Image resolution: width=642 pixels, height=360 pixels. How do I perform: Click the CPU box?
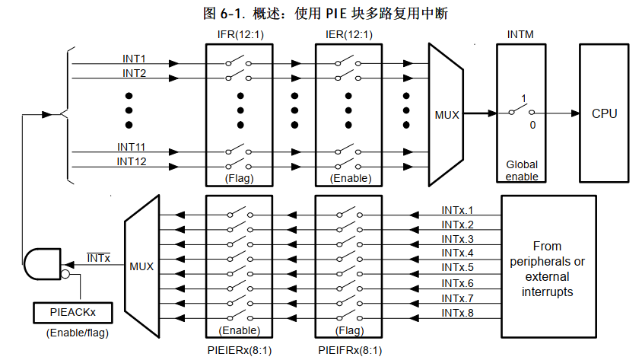coord(605,113)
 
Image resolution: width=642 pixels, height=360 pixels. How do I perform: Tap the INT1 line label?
coord(135,59)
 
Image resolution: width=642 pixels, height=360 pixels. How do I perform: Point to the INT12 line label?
coord(132,161)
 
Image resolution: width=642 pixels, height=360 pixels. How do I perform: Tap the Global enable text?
coord(523,170)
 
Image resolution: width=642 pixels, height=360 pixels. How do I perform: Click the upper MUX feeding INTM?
coord(447,115)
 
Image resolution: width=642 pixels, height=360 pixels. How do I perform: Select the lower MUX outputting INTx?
coord(141,266)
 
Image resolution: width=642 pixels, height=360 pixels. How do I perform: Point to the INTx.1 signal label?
coord(457,210)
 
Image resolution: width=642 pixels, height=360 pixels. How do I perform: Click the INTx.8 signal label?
coord(457,312)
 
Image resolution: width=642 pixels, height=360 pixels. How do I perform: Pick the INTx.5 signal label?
coord(457,267)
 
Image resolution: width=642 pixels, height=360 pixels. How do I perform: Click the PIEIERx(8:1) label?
coord(240,349)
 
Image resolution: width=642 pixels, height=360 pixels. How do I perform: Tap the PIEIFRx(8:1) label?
coord(351,349)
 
